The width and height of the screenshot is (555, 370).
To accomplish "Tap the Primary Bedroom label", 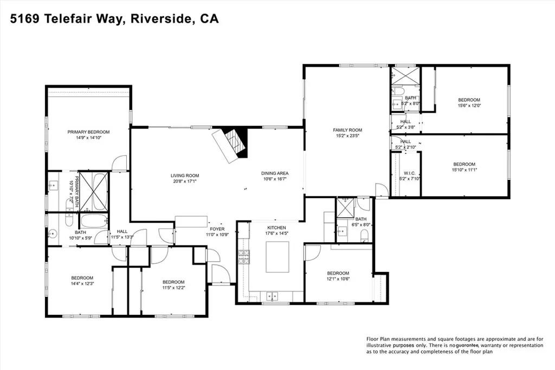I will pyautogui.click(x=88, y=132).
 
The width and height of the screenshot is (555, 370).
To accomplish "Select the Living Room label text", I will pyautogui.click(x=185, y=176).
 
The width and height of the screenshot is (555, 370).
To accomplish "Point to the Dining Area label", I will pyautogui.click(x=274, y=173).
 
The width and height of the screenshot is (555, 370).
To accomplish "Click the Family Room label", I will pyautogui.click(x=347, y=130).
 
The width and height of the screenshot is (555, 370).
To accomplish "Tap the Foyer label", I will pyautogui.click(x=217, y=229).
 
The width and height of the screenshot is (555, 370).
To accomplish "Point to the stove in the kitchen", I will pyautogui.click(x=242, y=259).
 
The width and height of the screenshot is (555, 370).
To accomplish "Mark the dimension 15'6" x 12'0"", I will pyautogui.click(x=469, y=106).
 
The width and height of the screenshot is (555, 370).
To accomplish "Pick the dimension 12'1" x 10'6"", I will pyautogui.click(x=338, y=279).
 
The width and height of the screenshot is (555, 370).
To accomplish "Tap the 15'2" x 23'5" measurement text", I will pyautogui.click(x=347, y=136).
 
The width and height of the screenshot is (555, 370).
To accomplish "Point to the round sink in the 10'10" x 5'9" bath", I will pyautogui.click(x=53, y=235).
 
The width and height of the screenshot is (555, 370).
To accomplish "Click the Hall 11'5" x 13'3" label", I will pyautogui.click(x=122, y=234).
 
